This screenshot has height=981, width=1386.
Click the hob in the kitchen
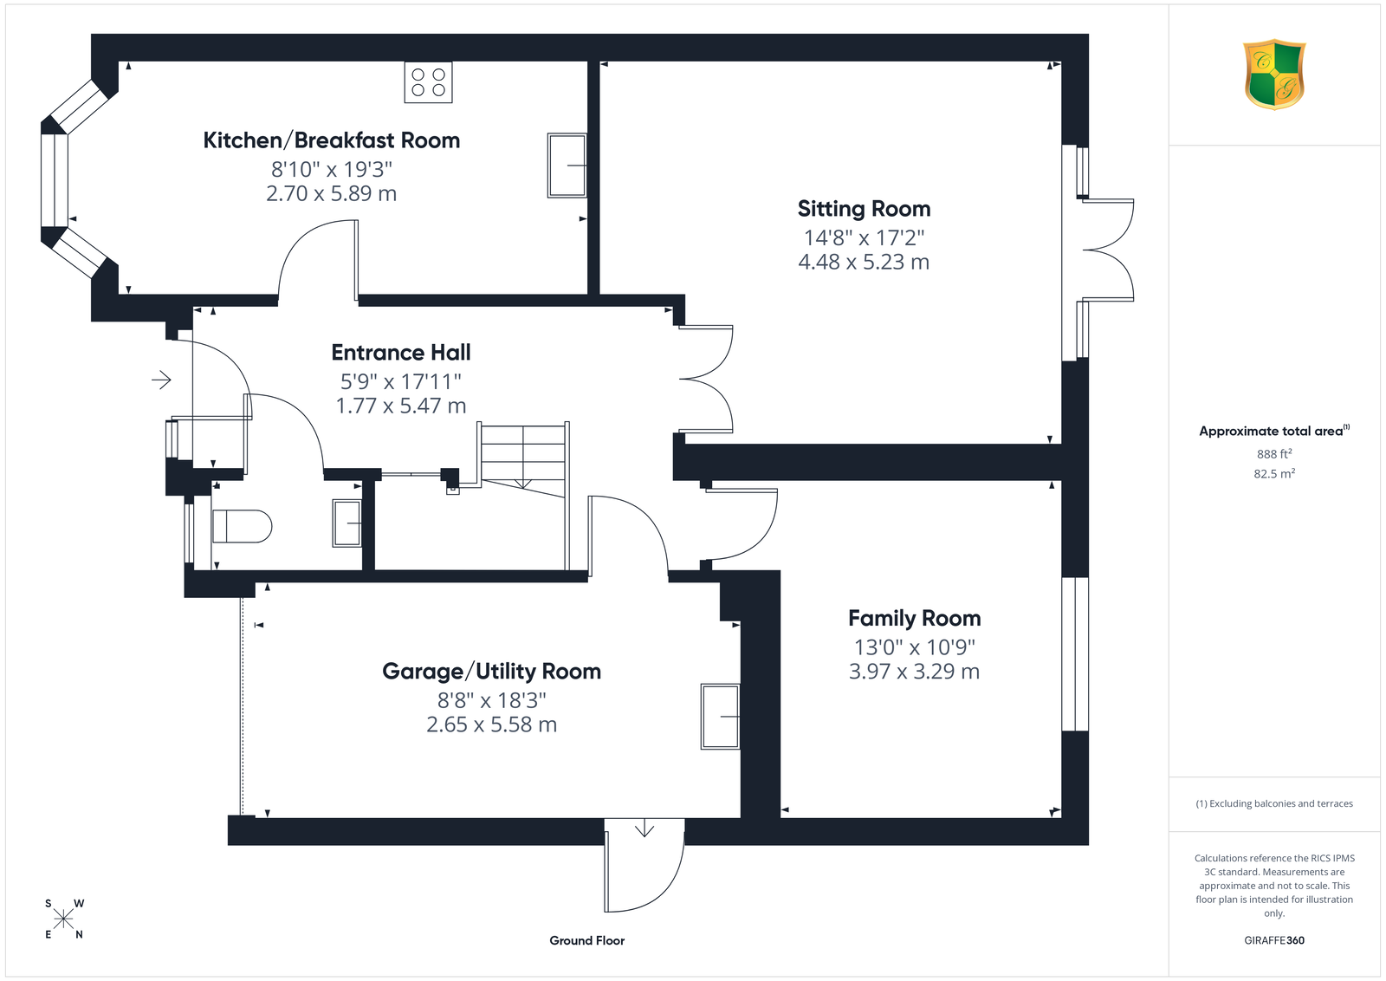point(428,82)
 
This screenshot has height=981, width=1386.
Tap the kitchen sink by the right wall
point(567,166)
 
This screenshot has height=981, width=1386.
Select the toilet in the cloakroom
point(242,526)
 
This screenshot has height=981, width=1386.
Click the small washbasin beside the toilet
point(347,523)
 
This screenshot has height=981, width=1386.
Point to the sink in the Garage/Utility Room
point(720,716)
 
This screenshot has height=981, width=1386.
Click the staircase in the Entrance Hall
point(523,459)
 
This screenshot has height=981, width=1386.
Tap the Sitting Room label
point(864,209)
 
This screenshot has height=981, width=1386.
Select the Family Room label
point(915,618)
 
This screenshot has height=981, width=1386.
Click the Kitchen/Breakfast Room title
point(332,140)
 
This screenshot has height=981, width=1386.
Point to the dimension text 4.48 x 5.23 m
point(864,262)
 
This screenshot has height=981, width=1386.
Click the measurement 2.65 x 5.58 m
point(492,724)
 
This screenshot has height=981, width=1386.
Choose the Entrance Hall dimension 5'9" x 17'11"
point(401,381)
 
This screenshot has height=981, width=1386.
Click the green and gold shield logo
point(1274,75)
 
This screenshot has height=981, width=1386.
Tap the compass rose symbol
point(64,919)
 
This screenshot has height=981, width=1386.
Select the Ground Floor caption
point(587,941)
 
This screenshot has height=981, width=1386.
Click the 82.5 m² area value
point(1274,473)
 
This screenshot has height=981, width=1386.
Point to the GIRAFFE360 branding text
point(1274,940)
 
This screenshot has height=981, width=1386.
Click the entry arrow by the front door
point(161,380)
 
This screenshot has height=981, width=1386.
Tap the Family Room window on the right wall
point(1075,653)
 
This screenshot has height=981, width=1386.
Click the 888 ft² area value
point(1274,454)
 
